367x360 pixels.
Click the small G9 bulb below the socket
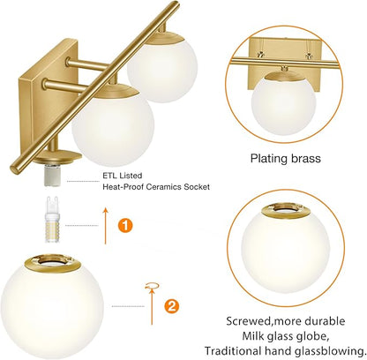[x=60, y=218]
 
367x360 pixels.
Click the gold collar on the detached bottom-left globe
[x=60, y=262]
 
